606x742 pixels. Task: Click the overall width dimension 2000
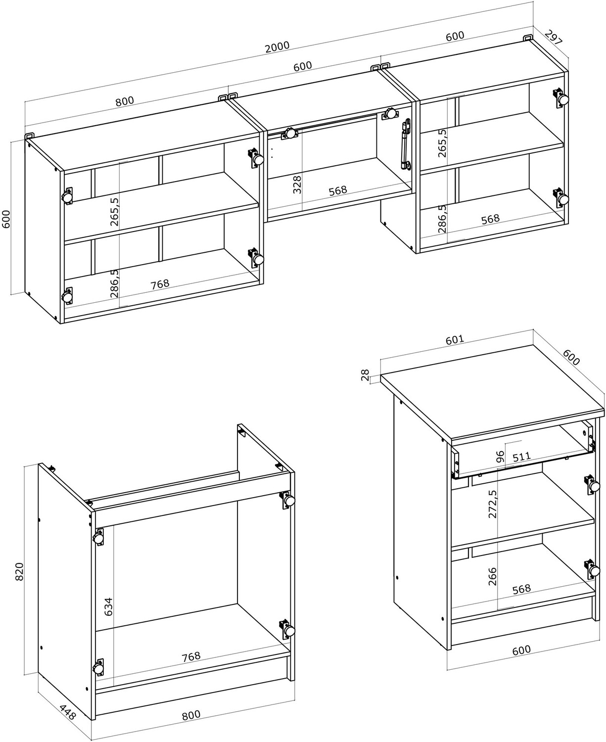pos(278,47)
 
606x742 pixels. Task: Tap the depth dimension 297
pos(554,37)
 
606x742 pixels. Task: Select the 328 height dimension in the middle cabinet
pos(297,185)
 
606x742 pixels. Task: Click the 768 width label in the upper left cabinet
pos(160,284)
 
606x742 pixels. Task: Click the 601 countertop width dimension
pos(455,340)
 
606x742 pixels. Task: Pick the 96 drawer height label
pos(500,457)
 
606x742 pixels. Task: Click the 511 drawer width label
pos(521,457)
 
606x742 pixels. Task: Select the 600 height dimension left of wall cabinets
pos(6,219)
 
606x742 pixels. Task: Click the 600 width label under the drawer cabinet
pos(521,650)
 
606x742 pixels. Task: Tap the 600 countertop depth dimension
pos(571,357)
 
